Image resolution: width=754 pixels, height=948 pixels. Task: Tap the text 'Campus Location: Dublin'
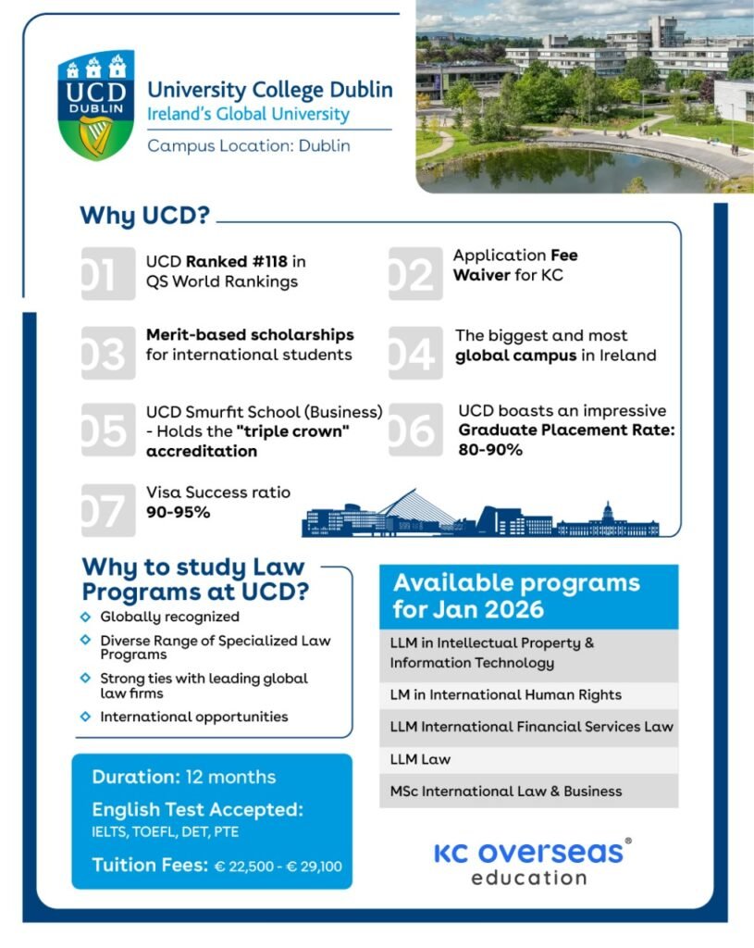(x=249, y=145)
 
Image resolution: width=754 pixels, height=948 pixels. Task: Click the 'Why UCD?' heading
(x=145, y=216)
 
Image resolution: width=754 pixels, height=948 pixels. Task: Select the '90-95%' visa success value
(x=177, y=511)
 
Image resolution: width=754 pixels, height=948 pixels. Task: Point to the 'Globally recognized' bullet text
(x=169, y=617)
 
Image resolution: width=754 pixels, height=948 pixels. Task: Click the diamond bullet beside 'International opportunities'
(x=86, y=717)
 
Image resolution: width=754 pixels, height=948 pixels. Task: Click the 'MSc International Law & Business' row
(x=506, y=792)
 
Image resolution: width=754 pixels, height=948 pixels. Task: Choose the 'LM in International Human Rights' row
(x=506, y=694)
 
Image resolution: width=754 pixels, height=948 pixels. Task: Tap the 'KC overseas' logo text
(x=527, y=853)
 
